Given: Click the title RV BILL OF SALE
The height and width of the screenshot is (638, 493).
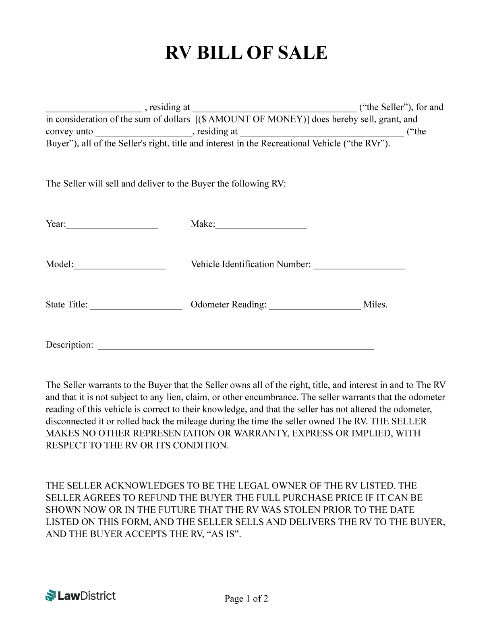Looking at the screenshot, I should (x=246, y=53).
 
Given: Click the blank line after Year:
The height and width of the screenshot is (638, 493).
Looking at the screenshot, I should (x=112, y=228).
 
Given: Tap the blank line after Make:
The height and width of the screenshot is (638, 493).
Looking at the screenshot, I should (x=261, y=228).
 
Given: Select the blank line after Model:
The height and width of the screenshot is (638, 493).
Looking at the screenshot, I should (x=119, y=268).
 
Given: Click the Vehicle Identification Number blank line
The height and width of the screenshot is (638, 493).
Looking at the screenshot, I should (x=359, y=268).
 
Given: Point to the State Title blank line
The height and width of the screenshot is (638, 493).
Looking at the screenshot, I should (x=136, y=308).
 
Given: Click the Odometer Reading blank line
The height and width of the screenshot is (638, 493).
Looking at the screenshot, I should (x=315, y=308).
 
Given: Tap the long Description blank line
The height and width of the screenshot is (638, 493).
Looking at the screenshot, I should (x=236, y=348).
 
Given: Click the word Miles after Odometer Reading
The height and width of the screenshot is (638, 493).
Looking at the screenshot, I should (x=375, y=304).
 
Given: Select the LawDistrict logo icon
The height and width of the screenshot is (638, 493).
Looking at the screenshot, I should (x=50, y=595).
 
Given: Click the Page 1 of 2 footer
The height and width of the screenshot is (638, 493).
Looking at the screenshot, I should (x=246, y=599).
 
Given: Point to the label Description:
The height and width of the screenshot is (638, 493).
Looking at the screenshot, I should (x=69, y=345).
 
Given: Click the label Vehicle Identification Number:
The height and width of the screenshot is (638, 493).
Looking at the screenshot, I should (x=251, y=264).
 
